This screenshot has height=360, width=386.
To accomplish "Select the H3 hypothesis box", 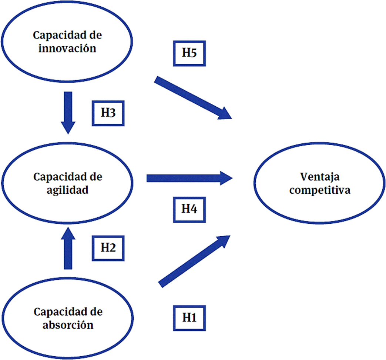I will (x=108, y=113).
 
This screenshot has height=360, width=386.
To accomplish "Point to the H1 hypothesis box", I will (x=189, y=317).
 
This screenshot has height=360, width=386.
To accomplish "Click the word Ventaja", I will (x=320, y=177).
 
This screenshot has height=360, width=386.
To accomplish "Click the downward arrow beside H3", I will (x=68, y=111).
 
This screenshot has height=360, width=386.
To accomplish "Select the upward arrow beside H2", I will (x=68, y=248).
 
